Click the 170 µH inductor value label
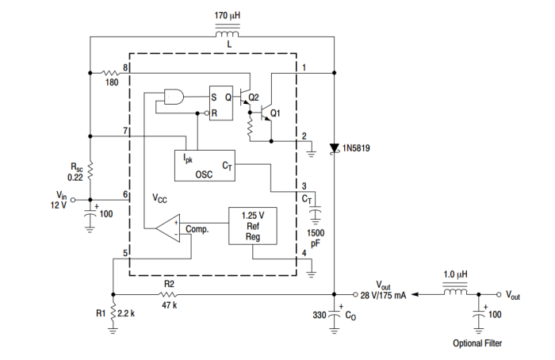tap(231, 16)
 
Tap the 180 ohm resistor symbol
tap(111, 73)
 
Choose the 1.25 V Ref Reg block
tap(252, 225)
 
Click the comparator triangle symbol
tap(168, 228)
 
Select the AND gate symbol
tap(172, 98)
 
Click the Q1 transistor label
tap(275, 113)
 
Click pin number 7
tap(125, 130)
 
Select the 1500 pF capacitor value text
tap(315, 239)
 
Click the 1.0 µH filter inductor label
tap(455, 274)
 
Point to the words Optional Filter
tap(477, 343)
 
